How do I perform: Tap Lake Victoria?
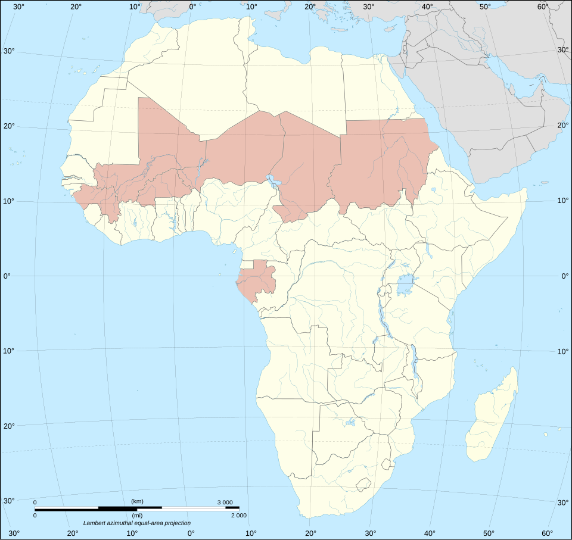407,285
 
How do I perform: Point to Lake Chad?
273,181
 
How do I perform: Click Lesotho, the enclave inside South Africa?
363,485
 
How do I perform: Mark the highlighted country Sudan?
381,161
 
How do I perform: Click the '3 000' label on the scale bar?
225,502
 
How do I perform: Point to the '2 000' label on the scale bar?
238,515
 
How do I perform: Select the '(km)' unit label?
136,501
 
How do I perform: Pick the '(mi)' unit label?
136,516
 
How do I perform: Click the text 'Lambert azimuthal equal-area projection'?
137,523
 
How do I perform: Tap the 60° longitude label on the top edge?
542,7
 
